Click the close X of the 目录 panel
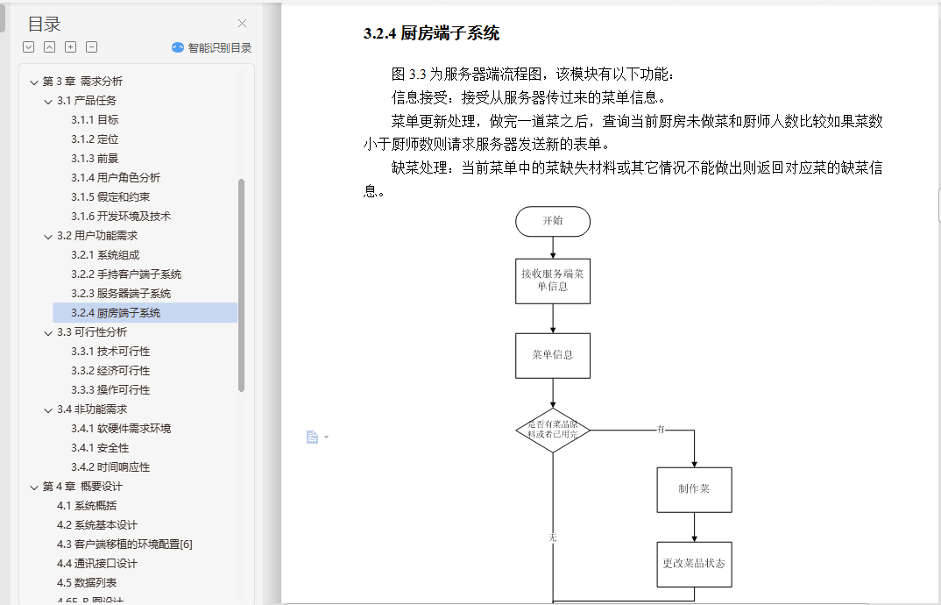click(x=243, y=24)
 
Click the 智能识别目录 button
click(x=212, y=47)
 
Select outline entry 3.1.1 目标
click(x=95, y=120)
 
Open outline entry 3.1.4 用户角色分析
click(x=116, y=178)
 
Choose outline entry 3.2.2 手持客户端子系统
click(x=126, y=274)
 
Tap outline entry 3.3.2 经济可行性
click(x=110, y=371)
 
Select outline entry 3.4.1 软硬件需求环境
click(x=121, y=429)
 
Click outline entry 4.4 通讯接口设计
click(x=97, y=564)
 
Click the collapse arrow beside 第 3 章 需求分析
click(x=34, y=82)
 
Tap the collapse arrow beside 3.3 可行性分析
click(x=48, y=333)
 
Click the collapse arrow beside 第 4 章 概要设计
click(x=34, y=488)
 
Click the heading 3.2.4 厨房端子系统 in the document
click(x=431, y=34)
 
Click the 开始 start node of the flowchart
click(x=553, y=221)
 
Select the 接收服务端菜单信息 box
click(x=553, y=281)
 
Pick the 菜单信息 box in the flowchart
click(x=553, y=355)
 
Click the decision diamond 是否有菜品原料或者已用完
click(x=553, y=431)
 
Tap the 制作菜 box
click(x=694, y=489)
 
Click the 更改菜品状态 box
click(x=694, y=564)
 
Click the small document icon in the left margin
click(x=312, y=437)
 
